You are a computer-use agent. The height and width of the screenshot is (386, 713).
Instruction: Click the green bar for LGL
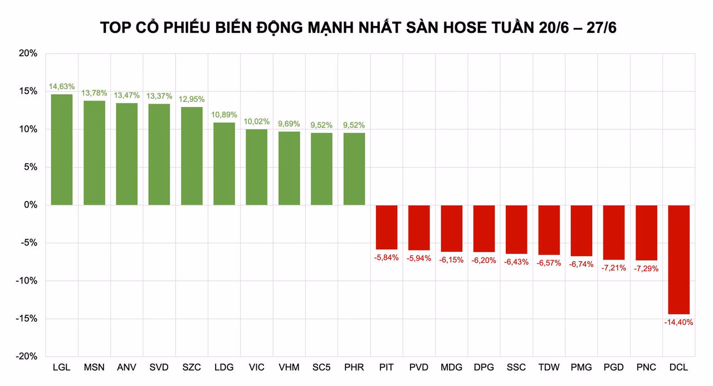(62, 149)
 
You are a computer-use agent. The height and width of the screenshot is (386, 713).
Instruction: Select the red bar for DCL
(679, 260)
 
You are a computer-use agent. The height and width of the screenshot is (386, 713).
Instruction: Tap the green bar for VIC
(257, 167)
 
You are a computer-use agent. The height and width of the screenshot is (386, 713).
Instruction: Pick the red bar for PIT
(387, 227)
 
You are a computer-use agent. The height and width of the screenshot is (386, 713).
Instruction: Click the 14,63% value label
(62, 86)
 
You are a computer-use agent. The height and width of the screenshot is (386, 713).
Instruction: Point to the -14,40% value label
(678, 322)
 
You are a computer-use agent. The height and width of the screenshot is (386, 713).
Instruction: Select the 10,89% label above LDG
(224, 115)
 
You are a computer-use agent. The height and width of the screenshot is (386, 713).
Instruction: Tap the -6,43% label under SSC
(516, 262)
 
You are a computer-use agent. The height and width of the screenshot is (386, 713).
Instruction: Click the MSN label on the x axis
(94, 368)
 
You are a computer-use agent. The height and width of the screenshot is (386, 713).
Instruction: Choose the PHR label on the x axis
(354, 368)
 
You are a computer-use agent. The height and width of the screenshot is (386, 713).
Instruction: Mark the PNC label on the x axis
(646, 368)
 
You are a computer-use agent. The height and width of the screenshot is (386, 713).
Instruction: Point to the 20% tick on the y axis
(27, 53)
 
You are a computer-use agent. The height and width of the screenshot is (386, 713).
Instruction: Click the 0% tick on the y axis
(30, 205)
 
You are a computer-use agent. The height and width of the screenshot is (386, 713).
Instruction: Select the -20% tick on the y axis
(26, 356)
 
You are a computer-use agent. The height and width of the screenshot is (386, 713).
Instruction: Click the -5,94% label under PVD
(419, 258)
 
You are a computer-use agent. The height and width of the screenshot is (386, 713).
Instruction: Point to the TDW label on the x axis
(549, 368)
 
